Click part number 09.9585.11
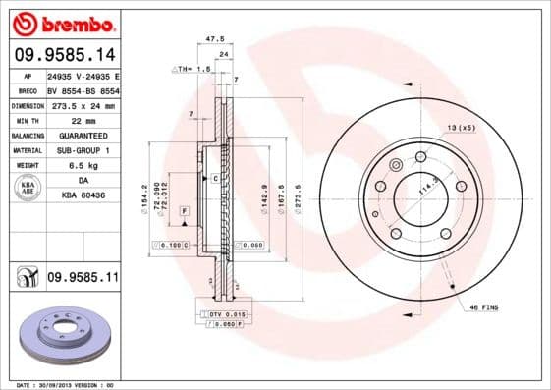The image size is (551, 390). point(83,279)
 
